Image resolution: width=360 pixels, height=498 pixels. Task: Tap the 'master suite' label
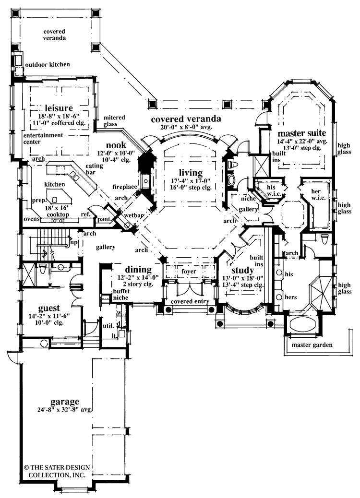click(302, 132)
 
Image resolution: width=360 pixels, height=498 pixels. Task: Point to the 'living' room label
click(191, 172)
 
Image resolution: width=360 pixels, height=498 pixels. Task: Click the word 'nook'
click(117, 145)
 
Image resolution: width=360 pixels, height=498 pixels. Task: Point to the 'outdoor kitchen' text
click(47, 64)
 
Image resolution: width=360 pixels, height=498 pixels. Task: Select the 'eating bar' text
click(93, 170)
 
